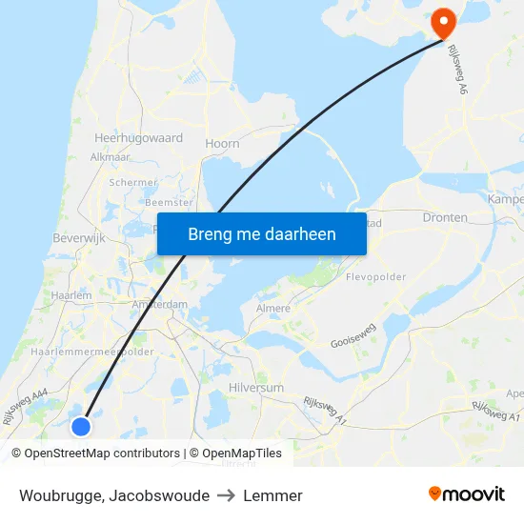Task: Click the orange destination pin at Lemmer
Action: coord(443,22)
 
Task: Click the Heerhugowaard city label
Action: coord(138,138)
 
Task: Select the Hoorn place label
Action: coord(222,144)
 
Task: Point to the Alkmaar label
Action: coord(110,157)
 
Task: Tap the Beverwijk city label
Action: coord(78,237)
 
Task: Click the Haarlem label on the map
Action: coord(72,295)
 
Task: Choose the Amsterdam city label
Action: coord(160,304)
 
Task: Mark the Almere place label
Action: coord(272,309)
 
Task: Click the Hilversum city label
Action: coord(256,389)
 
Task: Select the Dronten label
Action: coord(445,217)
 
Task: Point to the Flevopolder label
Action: coord(376,277)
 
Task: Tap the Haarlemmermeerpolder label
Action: coord(92,352)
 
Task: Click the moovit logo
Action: coord(467,494)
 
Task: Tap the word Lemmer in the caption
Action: coord(272,495)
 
